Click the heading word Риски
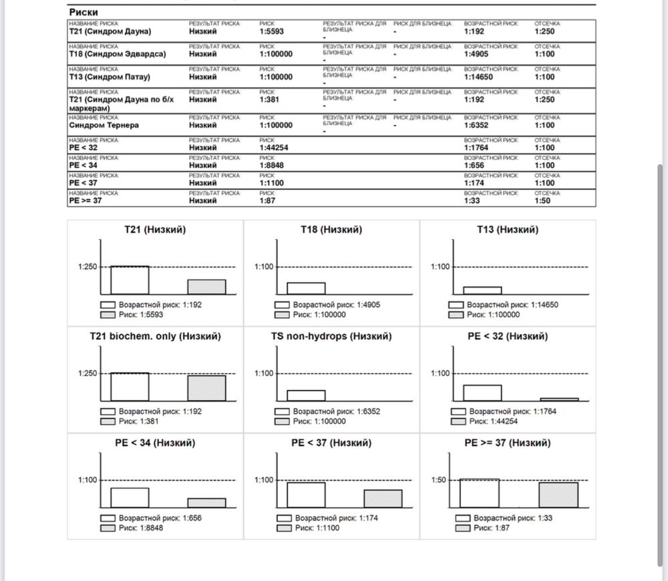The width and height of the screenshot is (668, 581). coord(83,12)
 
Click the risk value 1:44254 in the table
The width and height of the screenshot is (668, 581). coord(276,148)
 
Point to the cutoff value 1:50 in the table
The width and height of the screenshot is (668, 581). coord(542,201)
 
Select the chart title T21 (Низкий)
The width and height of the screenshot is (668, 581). coord(155,229)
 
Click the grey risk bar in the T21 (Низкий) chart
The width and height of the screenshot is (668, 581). coord(206,287)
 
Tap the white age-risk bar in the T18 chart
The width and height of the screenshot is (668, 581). coord(306,288)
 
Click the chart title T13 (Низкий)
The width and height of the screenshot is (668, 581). coord(507,229)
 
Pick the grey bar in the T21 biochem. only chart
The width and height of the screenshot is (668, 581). coord(206,388)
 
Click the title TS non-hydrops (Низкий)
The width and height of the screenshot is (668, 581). coord(331,336)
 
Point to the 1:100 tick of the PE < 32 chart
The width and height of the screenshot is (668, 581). coord(440,373)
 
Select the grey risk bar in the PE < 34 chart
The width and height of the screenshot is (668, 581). coord(206,503)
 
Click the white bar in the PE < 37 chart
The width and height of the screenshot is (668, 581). coord(306,495)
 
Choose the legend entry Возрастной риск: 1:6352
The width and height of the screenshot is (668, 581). coord(337,412)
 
